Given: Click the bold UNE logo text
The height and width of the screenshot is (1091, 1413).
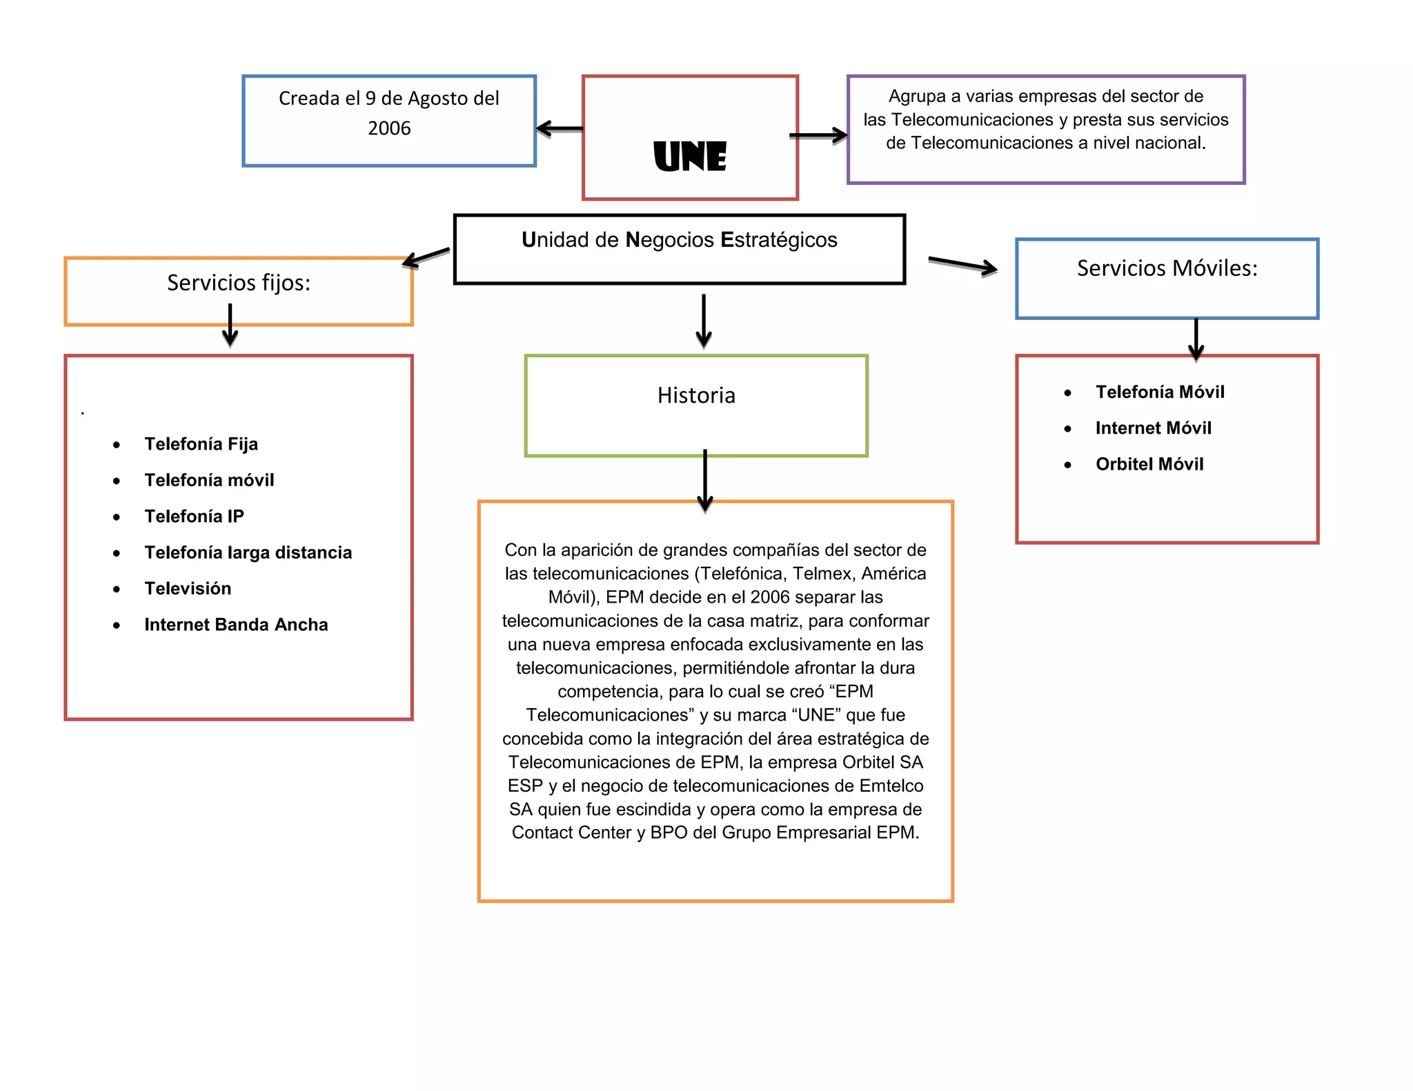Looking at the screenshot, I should pyautogui.click(x=690, y=157).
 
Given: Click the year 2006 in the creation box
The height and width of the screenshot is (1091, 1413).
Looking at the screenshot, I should pyautogui.click(x=389, y=128).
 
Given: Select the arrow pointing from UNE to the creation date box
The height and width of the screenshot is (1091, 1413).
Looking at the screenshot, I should pyautogui.click(x=560, y=128).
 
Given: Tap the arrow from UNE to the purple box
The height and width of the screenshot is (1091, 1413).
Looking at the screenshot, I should pyautogui.click(x=819, y=135).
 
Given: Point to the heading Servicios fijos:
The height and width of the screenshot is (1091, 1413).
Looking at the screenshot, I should pyautogui.click(x=239, y=283).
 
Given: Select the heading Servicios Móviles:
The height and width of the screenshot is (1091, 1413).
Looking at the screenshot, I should pyautogui.click(x=1167, y=268).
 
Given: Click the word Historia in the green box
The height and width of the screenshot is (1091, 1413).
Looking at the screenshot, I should pyautogui.click(x=696, y=396).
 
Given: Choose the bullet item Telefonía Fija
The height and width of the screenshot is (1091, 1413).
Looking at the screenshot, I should pyautogui.click(x=201, y=444).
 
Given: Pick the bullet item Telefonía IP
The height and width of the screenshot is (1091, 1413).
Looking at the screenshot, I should pyautogui.click(x=194, y=517).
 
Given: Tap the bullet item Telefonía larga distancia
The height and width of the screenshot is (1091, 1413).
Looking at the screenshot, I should pyautogui.click(x=248, y=552).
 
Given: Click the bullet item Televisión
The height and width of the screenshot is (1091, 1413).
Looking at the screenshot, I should pyautogui.click(x=188, y=589).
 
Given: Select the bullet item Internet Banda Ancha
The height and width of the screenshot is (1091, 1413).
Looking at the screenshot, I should pyautogui.click(x=236, y=625).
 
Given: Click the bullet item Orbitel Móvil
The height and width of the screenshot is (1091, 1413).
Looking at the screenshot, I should pyautogui.click(x=1149, y=464).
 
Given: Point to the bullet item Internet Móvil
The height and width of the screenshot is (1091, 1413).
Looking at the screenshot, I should pyautogui.click(x=1153, y=428).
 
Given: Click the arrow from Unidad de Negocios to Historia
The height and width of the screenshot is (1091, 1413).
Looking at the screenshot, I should pyautogui.click(x=704, y=321).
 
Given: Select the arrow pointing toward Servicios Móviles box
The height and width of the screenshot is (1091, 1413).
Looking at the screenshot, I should pyautogui.click(x=962, y=265).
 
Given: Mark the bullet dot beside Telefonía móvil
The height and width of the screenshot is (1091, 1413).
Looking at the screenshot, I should pyautogui.click(x=117, y=481).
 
